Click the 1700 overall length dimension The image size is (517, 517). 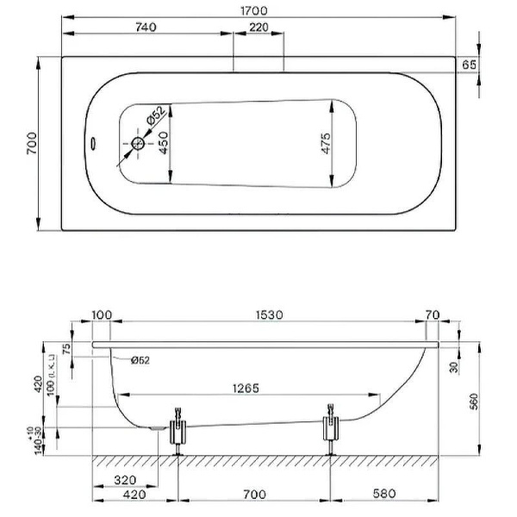[x=258, y=10]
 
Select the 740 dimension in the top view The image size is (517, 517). [x=146, y=28]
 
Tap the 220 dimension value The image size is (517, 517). [x=258, y=28]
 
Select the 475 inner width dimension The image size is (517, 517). [x=326, y=143]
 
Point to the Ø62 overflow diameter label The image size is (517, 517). [x=140, y=360]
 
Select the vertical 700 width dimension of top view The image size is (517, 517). [x=30, y=143]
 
